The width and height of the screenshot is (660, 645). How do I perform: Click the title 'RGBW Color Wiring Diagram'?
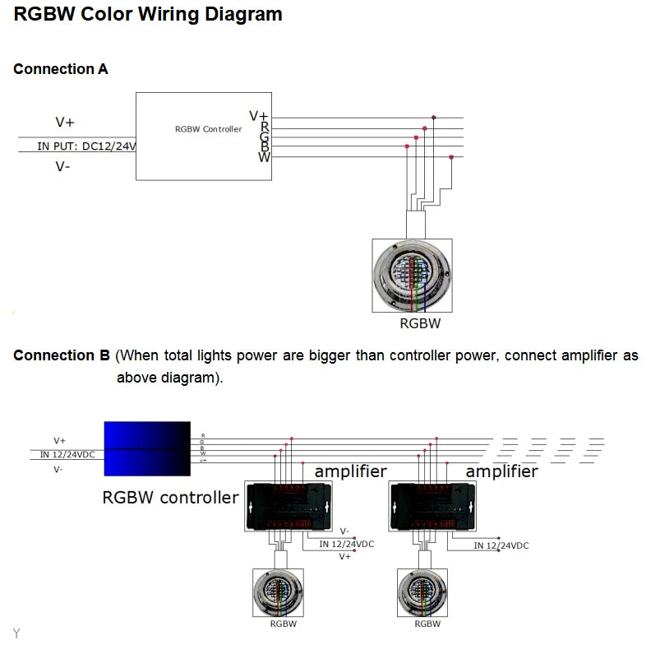point(148,15)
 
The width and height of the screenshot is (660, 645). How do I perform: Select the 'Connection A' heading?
point(61,69)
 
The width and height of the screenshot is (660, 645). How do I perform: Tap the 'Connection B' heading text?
point(62,355)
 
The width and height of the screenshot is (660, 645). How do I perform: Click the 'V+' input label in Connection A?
point(65,123)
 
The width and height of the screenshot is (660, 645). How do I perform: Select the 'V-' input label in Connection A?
point(62,167)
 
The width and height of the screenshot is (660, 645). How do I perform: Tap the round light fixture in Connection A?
point(412,275)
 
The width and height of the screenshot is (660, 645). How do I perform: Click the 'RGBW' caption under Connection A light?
point(420,323)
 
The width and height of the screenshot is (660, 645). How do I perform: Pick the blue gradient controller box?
point(147,448)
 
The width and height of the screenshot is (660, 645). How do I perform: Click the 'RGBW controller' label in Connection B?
point(170,497)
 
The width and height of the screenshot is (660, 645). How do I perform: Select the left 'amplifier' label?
point(351,471)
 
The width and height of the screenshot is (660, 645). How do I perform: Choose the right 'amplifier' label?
point(501,471)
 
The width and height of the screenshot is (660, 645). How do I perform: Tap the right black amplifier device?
point(432,505)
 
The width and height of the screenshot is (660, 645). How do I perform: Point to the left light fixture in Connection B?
point(278,592)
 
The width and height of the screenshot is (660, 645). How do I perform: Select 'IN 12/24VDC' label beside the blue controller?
point(68,454)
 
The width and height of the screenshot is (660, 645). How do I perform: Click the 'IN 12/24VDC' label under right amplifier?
point(501,545)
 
